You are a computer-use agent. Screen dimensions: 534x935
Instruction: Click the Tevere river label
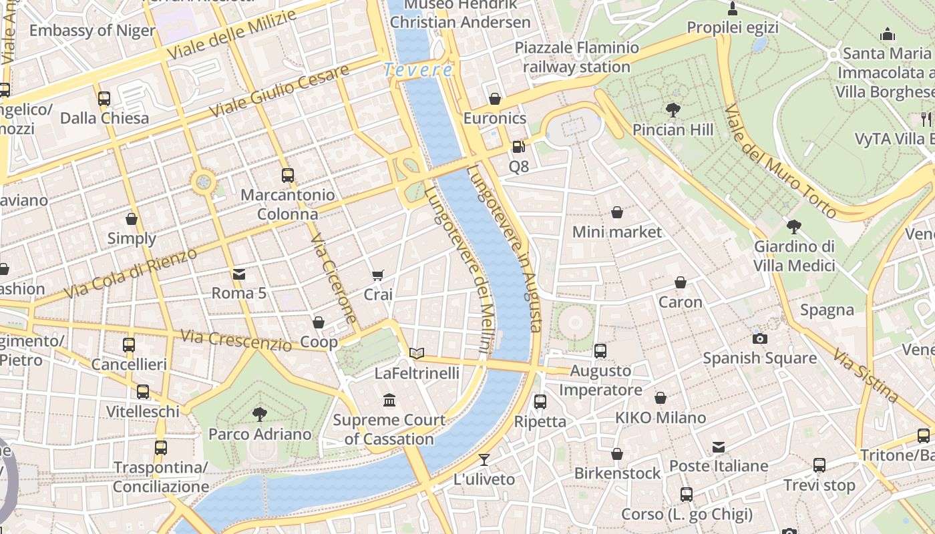[418, 70]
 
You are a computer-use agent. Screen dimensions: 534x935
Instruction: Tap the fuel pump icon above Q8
[518, 147]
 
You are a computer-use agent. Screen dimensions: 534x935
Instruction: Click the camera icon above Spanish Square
[759, 338]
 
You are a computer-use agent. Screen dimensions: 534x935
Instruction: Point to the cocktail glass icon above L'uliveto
[484, 460]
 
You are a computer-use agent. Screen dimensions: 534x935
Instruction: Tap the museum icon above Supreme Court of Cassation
[389, 400]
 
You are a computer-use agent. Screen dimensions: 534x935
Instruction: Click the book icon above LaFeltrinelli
[417, 353]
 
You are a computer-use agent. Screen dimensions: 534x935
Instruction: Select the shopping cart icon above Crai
[378, 275]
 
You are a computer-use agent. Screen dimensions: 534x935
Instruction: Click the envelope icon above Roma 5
[238, 274]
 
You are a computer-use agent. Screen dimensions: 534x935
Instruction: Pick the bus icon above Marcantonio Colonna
[288, 176]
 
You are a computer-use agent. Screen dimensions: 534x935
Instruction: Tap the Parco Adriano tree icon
[260, 415]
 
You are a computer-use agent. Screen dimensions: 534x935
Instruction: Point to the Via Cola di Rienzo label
[131, 274]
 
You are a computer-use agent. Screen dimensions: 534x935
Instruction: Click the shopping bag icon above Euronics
[495, 99]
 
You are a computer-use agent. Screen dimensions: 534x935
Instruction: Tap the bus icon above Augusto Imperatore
[600, 350]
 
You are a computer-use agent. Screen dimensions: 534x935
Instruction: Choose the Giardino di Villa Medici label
[794, 256]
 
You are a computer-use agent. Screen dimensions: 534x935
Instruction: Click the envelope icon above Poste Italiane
[719, 447]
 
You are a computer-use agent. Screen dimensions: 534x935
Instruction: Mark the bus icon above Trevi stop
[819, 465]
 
